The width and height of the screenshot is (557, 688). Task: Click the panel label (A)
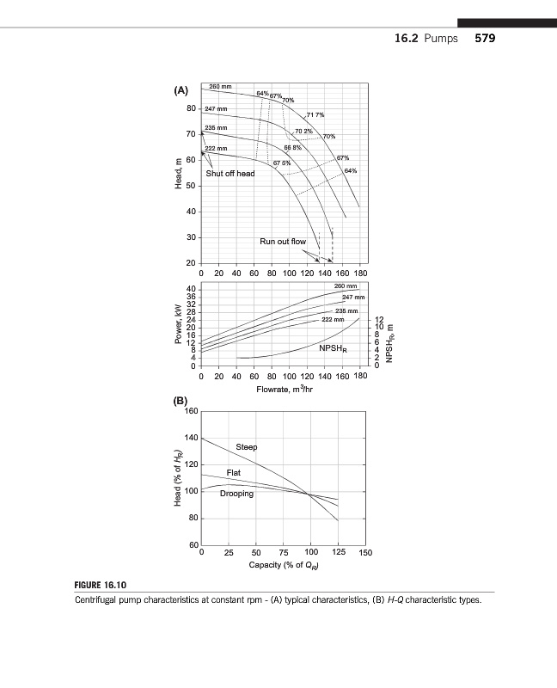(181, 90)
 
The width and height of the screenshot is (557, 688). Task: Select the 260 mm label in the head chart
(222, 87)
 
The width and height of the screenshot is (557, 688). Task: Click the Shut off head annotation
(230, 173)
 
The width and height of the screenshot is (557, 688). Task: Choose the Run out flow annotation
(283, 243)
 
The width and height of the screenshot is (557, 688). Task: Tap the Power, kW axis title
(177, 325)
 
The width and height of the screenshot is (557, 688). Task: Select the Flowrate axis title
(282, 390)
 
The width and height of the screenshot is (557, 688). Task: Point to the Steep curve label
(247, 447)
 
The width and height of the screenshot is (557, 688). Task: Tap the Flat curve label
(233, 473)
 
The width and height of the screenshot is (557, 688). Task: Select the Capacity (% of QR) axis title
(282, 565)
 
